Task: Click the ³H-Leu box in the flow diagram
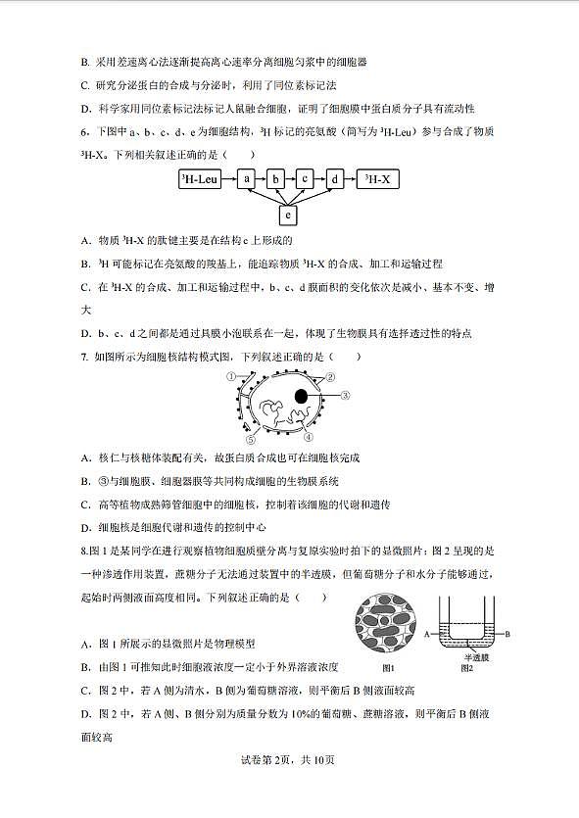(x=200, y=179)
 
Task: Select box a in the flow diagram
(x=247, y=179)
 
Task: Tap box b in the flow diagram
(x=276, y=179)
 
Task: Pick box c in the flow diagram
(x=306, y=179)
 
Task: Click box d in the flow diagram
(x=335, y=179)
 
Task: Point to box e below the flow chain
(x=288, y=214)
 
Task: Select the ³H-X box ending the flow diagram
(x=383, y=179)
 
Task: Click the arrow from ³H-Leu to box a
(x=229, y=179)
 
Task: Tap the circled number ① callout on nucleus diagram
(x=231, y=376)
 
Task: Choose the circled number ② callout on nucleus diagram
(x=331, y=377)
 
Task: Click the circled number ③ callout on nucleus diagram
(x=346, y=397)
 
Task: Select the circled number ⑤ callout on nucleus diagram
(x=250, y=440)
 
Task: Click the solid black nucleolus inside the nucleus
(x=305, y=397)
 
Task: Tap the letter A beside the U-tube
(x=427, y=635)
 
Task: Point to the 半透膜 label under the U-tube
(x=475, y=657)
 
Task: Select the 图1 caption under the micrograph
(x=389, y=667)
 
